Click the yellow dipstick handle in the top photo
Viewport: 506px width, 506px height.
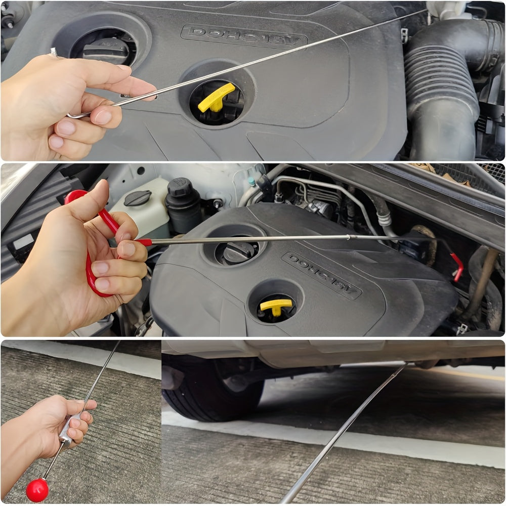tap(216, 97)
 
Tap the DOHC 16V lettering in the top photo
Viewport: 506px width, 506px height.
tap(244, 37)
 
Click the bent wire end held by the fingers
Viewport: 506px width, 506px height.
tap(76, 115)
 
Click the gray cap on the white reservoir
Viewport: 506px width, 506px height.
tap(137, 198)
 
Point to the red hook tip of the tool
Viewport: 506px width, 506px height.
tap(458, 267)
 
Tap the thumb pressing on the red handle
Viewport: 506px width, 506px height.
tap(101, 195)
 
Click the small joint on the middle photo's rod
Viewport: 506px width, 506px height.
tap(349, 237)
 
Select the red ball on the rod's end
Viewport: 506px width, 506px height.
tap(37, 490)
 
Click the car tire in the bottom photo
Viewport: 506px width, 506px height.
tap(213, 387)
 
